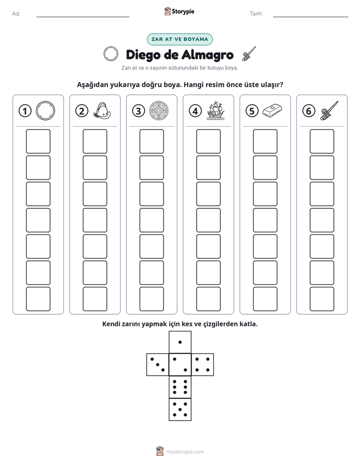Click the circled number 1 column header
(x=25, y=111)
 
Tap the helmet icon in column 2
(x=102, y=111)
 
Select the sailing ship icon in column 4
(x=216, y=111)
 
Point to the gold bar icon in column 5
(x=272, y=110)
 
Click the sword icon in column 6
(x=329, y=110)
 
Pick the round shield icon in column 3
(x=159, y=111)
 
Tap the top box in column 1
(x=38, y=141)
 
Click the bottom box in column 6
(x=322, y=299)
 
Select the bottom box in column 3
(x=152, y=299)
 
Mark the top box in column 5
(x=265, y=141)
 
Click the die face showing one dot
(x=180, y=342)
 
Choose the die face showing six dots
(x=180, y=387)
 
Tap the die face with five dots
(x=180, y=409)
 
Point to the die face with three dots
(x=158, y=365)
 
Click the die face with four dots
(x=202, y=365)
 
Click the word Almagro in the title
(x=207, y=55)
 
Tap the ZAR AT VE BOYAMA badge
(x=179, y=39)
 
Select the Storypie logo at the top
(x=179, y=12)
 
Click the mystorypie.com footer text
(x=185, y=452)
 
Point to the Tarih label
(x=256, y=14)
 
